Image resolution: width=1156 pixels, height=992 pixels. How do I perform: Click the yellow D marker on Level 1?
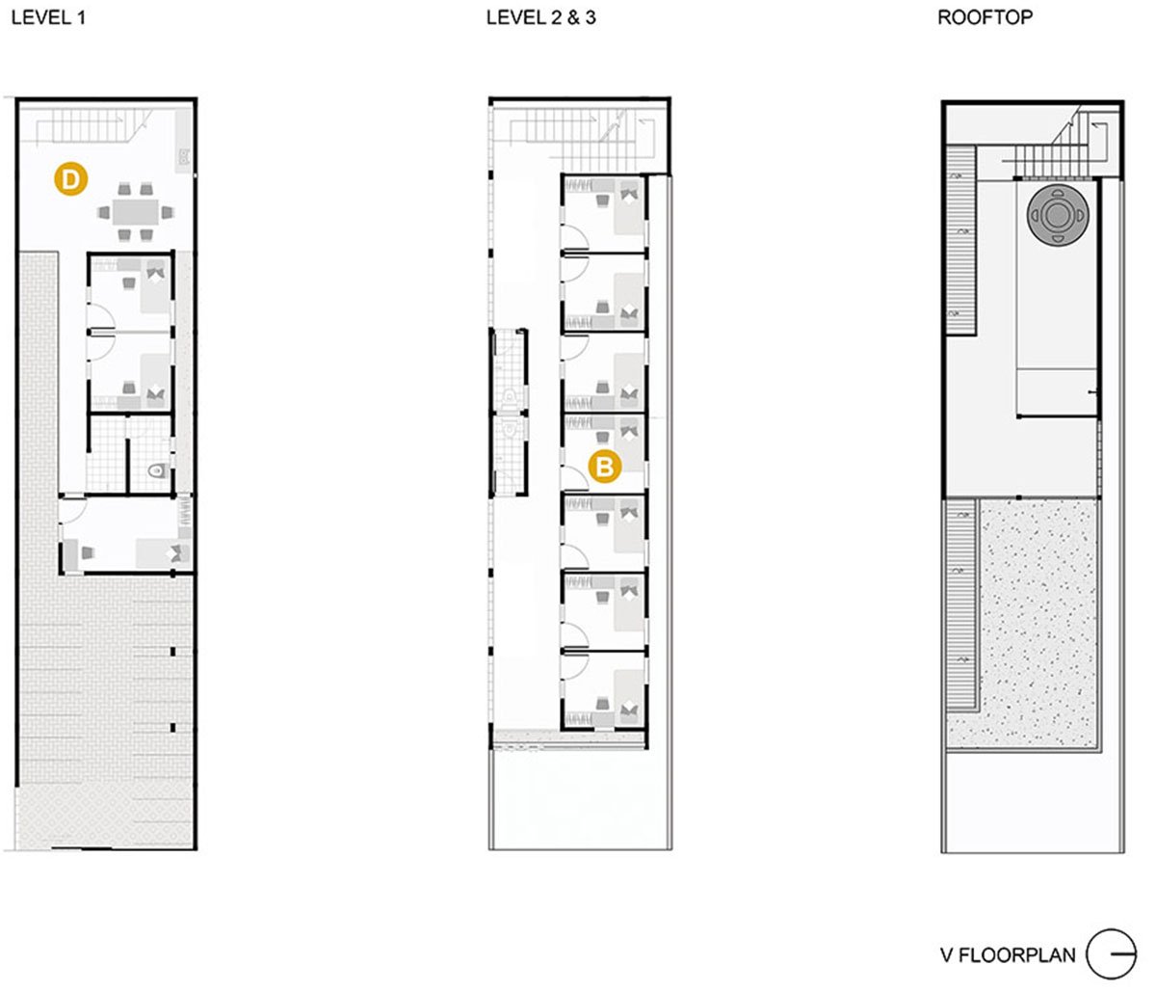70,179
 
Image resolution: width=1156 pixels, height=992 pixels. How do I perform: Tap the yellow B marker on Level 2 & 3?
605,467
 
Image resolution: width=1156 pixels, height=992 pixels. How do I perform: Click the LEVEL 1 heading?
49,18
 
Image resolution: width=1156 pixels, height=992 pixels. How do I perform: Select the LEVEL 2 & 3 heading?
540,18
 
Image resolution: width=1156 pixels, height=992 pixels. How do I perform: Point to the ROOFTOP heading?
985,18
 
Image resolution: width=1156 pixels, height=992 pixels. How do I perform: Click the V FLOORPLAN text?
1008,954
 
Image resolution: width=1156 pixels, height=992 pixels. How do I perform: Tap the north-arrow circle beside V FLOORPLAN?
1112,954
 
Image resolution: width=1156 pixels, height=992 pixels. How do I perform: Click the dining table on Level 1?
136,212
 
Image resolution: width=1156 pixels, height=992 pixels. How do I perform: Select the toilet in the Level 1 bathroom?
158,470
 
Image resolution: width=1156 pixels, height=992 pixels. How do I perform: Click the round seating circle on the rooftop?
1058,216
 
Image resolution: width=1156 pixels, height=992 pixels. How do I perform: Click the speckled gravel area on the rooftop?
1037,622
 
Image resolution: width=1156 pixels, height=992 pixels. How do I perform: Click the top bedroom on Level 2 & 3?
604,213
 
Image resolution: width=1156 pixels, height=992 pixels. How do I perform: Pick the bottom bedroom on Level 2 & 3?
604,689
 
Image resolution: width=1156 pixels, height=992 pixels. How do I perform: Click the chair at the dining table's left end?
104,213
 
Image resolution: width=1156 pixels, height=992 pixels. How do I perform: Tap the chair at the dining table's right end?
168,213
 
